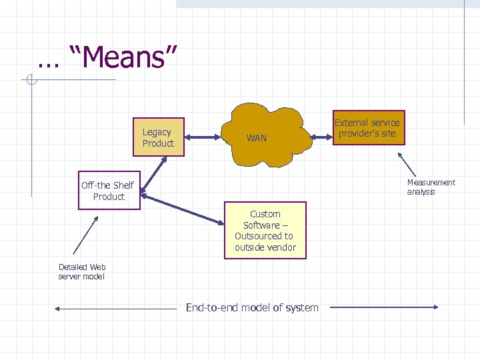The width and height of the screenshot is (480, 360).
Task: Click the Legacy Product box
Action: click(x=158, y=137)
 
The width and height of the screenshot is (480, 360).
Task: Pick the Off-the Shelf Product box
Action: click(x=109, y=191)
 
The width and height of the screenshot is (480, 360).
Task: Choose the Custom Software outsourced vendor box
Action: click(x=265, y=231)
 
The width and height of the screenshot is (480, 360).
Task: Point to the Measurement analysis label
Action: click(x=431, y=187)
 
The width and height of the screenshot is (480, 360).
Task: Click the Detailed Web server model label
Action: click(x=81, y=271)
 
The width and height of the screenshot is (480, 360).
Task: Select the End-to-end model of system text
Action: click(x=252, y=307)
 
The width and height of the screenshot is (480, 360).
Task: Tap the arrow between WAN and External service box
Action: click(x=322, y=137)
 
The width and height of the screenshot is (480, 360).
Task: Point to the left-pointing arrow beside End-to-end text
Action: click(x=113, y=309)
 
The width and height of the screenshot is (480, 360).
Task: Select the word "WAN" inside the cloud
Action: click(x=257, y=139)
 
